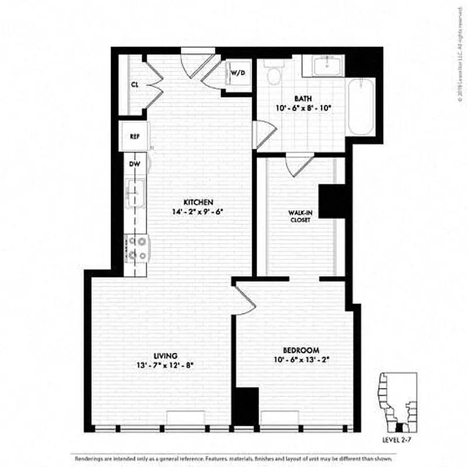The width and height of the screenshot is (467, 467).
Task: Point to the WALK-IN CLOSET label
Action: tap(299, 217)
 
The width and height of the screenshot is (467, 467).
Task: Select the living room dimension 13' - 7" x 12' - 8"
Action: tap(165, 365)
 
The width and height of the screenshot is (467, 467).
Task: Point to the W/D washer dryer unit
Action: tap(237, 74)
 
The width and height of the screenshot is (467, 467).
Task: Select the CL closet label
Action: tap(134, 85)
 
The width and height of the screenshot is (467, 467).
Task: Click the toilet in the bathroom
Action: tap(272, 74)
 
